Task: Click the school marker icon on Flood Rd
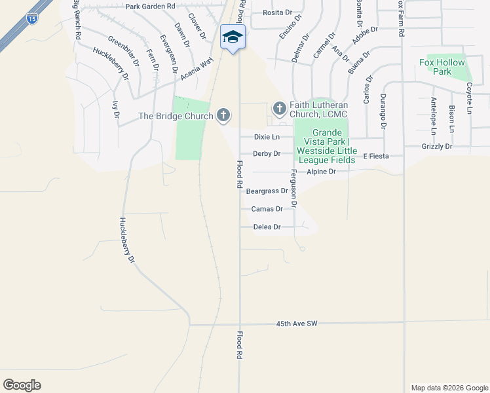click(233, 37)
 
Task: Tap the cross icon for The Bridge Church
click(223, 116)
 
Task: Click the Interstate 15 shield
click(33, 19)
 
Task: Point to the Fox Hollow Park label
click(442, 67)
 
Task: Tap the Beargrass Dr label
click(267, 191)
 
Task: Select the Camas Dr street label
click(267, 209)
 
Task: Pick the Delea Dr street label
click(267, 227)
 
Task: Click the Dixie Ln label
click(267, 137)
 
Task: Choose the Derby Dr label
click(267, 154)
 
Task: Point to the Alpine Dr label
click(321, 172)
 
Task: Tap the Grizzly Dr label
click(437, 146)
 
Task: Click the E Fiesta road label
click(377, 156)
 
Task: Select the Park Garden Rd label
click(151, 6)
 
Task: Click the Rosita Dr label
click(277, 12)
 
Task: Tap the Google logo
click(22, 385)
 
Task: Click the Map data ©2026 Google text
click(449, 388)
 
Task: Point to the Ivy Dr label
click(115, 109)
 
